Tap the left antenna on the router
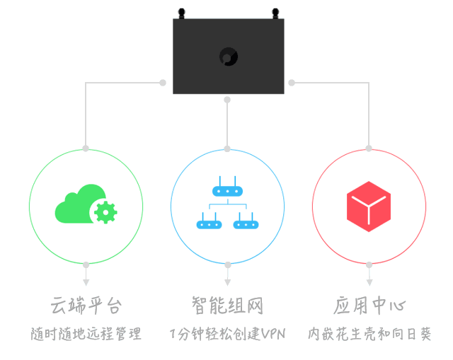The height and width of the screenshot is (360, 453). pos(181,13)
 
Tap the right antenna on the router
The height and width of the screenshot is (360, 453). pos(275,13)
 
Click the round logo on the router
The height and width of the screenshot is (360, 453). pos(228,57)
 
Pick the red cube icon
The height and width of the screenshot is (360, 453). pos(369,207)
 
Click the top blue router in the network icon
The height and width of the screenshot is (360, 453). pos(227,190)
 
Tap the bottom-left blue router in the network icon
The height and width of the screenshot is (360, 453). pos(208,224)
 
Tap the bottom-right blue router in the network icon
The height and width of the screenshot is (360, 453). pos(246,224)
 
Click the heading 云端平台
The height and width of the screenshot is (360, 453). pos(86,306)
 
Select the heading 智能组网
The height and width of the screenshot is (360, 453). pos(227,306)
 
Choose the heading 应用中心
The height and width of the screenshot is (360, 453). pos(369,306)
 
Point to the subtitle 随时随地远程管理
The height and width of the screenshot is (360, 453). pos(86,333)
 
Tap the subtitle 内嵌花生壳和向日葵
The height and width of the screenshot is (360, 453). pos(369,333)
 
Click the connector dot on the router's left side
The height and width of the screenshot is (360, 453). pos(163,83)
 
